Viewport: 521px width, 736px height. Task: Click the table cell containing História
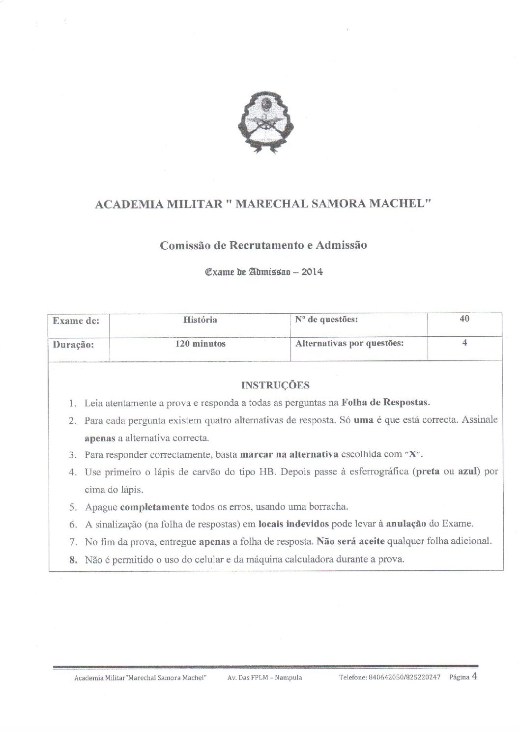(200, 320)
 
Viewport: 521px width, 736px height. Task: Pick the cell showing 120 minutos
(200, 344)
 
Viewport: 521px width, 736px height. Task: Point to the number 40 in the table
(464, 319)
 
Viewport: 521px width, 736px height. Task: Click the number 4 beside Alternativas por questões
(464, 343)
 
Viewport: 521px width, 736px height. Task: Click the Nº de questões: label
(326, 320)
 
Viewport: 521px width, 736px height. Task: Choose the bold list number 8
(72, 559)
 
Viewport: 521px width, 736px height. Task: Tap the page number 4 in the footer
(474, 676)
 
